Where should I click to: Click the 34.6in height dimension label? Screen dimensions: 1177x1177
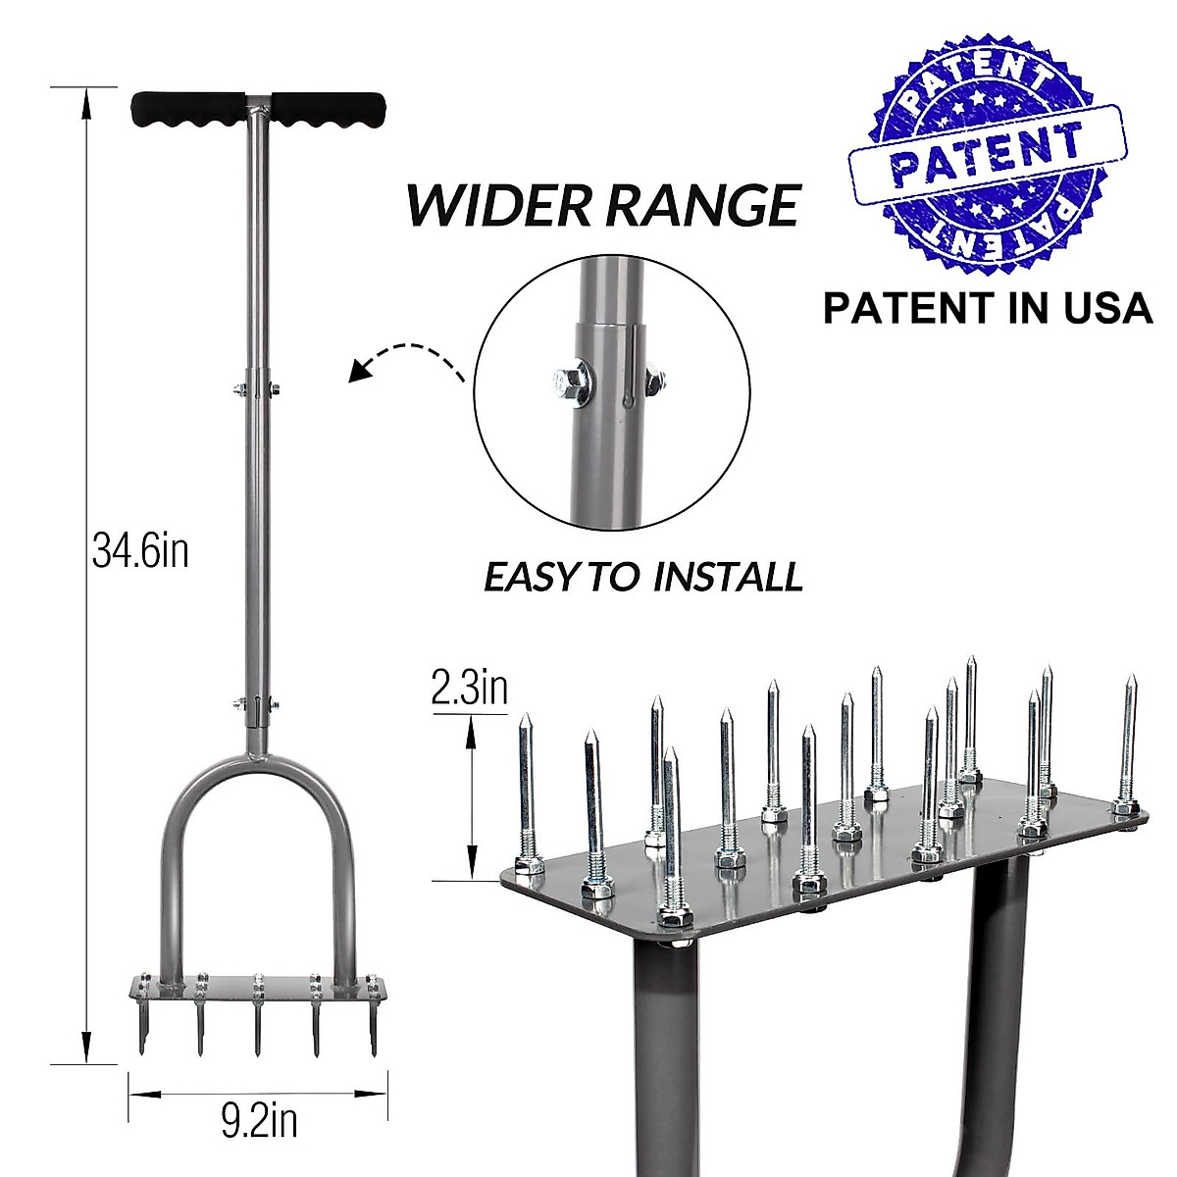point(140,551)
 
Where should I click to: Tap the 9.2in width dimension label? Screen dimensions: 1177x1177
point(259,1121)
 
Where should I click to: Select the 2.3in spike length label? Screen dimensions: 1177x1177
point(470,689)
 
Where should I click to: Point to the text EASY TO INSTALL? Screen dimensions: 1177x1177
point(643,576)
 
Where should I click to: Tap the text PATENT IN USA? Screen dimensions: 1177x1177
point(987,307)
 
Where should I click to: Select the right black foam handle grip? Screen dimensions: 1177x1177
point(328,107)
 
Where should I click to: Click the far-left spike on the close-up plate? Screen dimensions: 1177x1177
point(527,785)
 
